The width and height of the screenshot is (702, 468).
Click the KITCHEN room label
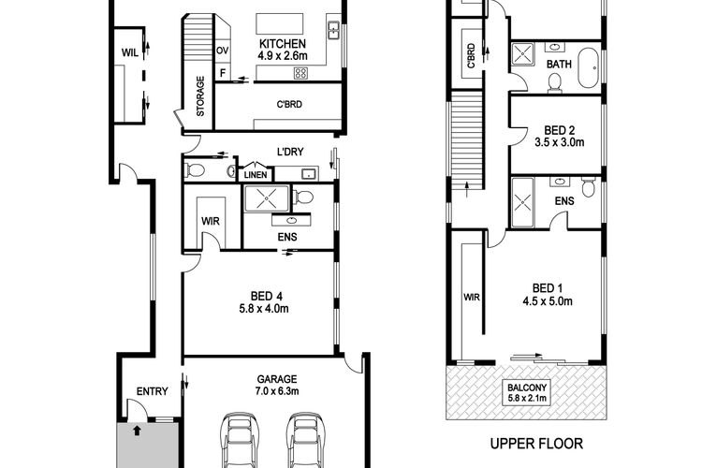point(283,44)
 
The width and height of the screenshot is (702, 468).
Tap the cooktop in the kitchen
point(300,73)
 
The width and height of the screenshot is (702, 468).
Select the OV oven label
point(223,51)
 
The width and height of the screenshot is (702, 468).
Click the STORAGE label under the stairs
point(200,96)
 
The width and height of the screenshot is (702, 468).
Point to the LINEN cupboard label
point(256,175)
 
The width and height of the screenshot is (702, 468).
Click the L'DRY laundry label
point(290,152)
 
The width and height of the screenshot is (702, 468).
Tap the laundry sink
point(310,174)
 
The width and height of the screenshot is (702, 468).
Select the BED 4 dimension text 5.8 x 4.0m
point(264,308)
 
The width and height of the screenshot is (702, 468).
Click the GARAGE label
point(277,379)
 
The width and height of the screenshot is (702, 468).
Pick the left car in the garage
point(240,441)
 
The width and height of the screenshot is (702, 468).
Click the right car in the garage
point(305,441)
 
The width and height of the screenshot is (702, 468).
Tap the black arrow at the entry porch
point(137,431)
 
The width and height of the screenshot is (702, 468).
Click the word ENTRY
point(153,391)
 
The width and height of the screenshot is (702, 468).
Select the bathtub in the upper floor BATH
point(589,67)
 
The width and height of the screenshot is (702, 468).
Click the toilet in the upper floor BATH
point(555,83)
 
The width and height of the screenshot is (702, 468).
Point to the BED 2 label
point(559,130)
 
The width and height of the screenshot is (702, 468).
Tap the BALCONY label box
point(527,393)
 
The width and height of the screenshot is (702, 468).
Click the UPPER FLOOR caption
point(536,444)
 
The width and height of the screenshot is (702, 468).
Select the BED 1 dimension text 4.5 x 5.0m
point(548,301)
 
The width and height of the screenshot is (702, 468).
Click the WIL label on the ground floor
point(130,52)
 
